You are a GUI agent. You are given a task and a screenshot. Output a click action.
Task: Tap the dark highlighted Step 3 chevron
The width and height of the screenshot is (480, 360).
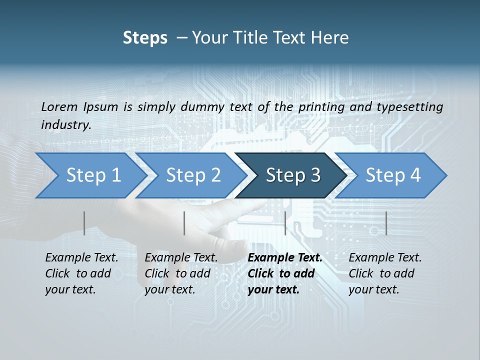(293, 175)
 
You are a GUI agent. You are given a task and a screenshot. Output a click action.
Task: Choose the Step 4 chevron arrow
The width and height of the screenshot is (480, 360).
(393, 175)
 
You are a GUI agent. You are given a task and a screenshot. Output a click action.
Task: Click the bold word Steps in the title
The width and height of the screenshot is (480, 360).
(145, 38)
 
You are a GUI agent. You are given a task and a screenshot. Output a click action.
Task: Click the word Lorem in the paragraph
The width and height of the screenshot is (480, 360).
(59, 106)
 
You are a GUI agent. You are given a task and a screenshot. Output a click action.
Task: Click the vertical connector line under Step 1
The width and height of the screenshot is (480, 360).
(84, 223)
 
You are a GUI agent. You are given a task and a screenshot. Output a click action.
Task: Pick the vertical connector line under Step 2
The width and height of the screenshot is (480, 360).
(184, 223)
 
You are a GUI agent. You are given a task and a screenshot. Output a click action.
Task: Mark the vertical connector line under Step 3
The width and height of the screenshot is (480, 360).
(285, 223)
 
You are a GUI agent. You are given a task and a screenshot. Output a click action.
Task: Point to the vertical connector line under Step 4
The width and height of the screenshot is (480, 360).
(386, 223)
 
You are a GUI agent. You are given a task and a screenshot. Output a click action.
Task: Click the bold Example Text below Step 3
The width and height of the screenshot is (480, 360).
(285, 258)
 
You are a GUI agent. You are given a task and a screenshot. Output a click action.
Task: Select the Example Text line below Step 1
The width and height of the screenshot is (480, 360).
(81, 258)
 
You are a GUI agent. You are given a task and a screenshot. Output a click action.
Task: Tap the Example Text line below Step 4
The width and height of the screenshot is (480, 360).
(385, 258)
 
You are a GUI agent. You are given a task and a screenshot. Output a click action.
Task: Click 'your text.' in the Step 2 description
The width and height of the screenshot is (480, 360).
(170, 289)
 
